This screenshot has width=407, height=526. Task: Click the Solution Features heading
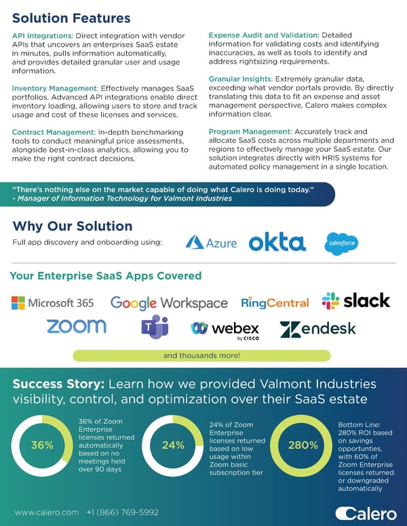click(71, 18)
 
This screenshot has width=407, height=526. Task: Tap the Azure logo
click(211, 242)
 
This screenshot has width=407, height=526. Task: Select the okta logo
click(277, 242)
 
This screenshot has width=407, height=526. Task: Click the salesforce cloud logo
click(341, 243)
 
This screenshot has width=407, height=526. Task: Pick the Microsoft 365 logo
click(52, 303)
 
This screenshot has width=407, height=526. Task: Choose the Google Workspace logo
click(169, 303)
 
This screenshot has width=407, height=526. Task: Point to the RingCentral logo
click(275, 303)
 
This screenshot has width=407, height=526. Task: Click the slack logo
click(356, 301)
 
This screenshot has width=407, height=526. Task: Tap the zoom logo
click(76, 326)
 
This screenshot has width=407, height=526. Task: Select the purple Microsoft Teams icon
click(155, 328)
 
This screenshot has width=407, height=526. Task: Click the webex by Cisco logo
click(225, 329)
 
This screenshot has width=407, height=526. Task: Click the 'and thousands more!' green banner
click(201, 355)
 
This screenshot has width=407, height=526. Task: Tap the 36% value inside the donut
click(43, 445)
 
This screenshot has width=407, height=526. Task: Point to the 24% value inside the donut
click(173, 445)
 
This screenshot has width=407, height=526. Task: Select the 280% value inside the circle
click(303, 445)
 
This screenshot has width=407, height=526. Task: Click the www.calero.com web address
click(47, 512)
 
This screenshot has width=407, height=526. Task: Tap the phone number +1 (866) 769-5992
click(122, 512)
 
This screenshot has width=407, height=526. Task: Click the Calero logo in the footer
click(366, 512)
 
